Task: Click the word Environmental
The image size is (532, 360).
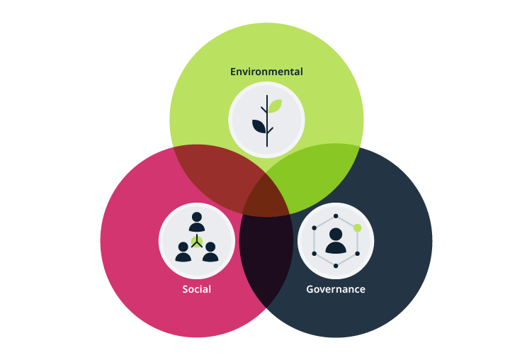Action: tap(266, 72)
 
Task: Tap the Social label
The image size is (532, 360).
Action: tap(196, 289)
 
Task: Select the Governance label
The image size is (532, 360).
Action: tap(336, 289)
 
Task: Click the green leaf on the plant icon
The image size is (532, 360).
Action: tap(274, 107)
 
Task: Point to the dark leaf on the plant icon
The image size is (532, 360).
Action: tap(259, 127)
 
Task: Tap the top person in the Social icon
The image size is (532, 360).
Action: tap(196, 222)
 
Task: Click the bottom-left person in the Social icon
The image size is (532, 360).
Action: tap(183, 252)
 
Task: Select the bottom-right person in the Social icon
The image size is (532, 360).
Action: tap(210, 252)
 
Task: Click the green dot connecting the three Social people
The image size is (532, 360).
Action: tap(197, 241)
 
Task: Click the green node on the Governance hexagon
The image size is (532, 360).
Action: tap(358, 228)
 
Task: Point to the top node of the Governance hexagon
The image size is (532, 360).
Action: tap(336, 215)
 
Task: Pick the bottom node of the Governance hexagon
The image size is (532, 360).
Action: tap(336, 266)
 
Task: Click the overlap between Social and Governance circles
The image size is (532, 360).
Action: tap(266, 262)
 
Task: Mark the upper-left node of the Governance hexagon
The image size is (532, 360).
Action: tap(314, 228)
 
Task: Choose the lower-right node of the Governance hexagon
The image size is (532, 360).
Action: tap(358, 253)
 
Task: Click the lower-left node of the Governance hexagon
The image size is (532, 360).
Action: tap(314, 253)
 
